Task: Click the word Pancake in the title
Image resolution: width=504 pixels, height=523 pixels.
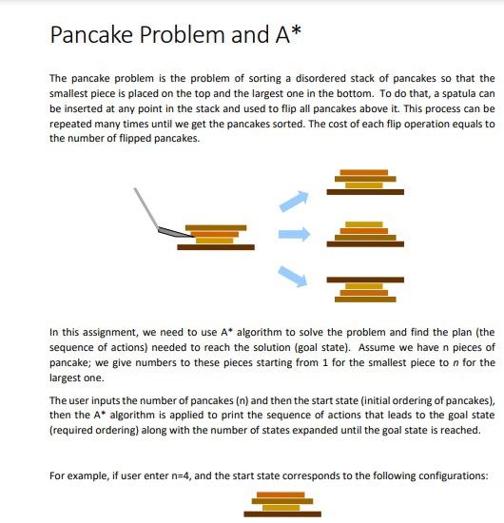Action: click(93, 36)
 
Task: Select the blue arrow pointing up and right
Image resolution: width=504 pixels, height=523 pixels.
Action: click(294, 201)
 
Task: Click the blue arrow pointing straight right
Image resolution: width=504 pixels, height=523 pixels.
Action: click(295, 234)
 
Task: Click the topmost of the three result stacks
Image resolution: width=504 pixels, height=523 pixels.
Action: click(365, 181)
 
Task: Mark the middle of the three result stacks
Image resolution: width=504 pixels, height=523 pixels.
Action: click(365, 234)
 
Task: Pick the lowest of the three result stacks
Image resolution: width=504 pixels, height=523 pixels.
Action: click(365, 288)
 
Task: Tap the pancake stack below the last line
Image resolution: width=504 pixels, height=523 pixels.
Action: click(281, 504)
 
